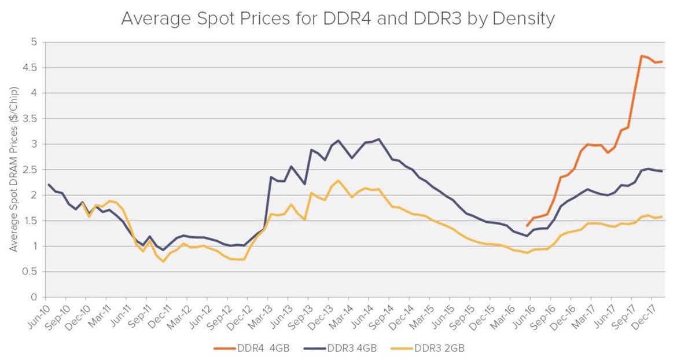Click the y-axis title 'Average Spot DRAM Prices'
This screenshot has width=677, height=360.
14,169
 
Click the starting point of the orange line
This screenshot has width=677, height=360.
527,226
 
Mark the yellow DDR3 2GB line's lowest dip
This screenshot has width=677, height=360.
163,262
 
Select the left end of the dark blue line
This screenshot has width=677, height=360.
48,185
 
